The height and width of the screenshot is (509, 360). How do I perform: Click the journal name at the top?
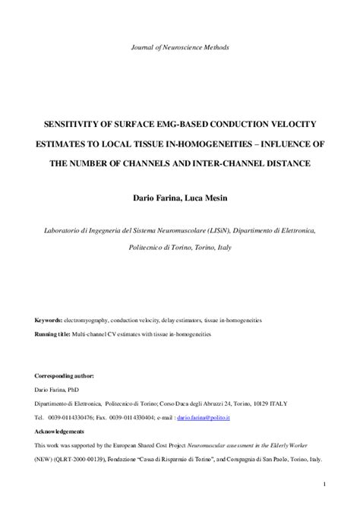(180, 47)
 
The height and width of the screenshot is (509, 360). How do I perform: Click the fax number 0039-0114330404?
(159, 417)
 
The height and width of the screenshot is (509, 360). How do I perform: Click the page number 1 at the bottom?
(324, 483)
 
